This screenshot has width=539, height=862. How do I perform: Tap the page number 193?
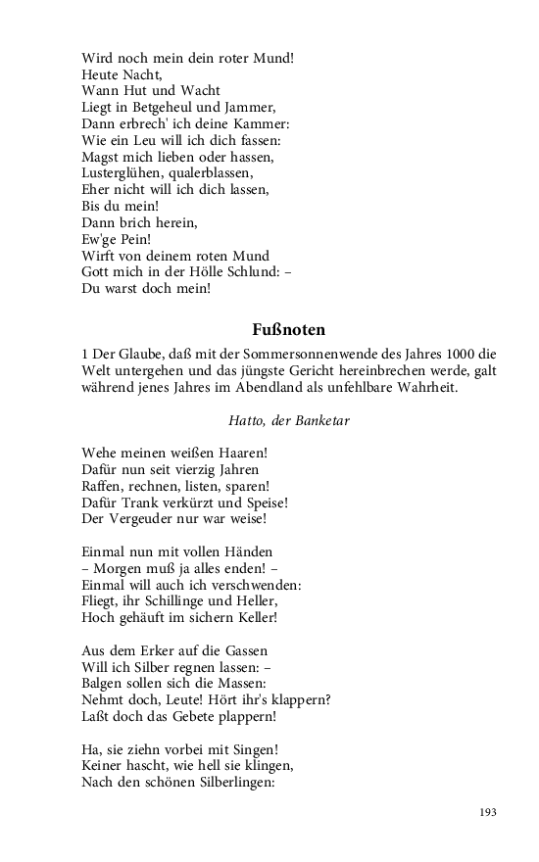coord(488,812)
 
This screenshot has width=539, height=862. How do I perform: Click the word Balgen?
coord(104,685)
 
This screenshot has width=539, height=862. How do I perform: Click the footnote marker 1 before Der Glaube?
coord(86,354)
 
